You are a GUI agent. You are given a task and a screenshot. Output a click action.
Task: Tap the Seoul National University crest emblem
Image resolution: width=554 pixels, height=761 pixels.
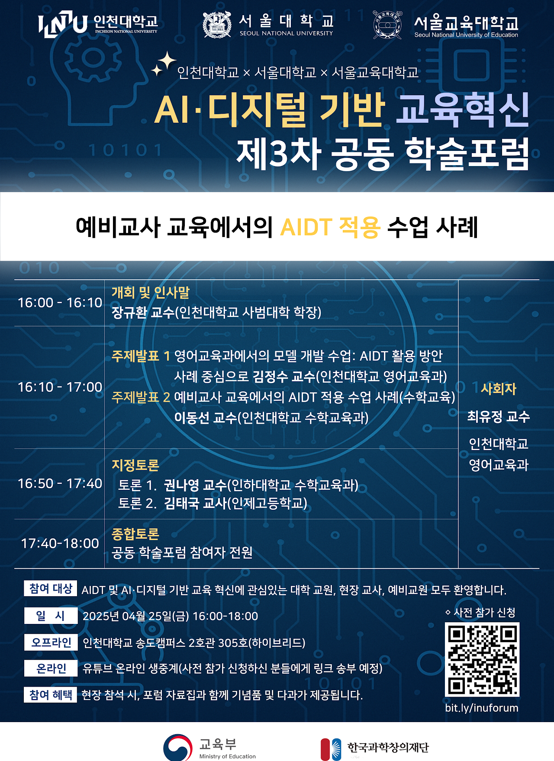click(217, 24)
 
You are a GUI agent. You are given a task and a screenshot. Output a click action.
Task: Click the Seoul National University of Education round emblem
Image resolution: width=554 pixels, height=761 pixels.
click(387, 25)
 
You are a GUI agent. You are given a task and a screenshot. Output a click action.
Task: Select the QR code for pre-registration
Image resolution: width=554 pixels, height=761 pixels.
click(482, 659)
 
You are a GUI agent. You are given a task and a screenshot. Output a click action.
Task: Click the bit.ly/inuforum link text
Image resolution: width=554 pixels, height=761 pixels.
click(482, 708)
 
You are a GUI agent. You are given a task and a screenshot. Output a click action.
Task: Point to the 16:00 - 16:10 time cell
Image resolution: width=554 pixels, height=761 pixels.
click(60, 303)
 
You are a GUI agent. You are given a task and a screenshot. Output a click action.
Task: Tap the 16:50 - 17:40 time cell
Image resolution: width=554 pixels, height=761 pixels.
click(60, 483)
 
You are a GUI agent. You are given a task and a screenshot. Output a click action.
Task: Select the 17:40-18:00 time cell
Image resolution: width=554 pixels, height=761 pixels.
click(60, 543)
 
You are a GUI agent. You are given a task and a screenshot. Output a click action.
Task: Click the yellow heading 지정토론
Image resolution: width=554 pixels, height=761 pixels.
click(135, 465)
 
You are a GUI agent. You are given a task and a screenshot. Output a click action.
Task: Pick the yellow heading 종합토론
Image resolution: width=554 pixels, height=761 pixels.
click(135, 534)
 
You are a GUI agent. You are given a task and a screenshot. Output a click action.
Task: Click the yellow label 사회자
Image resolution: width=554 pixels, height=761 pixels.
click(499, 389)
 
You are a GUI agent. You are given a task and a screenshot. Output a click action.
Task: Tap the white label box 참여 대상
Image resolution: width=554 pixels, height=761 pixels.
click(51, 588)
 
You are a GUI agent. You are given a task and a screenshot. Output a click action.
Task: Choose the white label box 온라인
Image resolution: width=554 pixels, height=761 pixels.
click(51, 668)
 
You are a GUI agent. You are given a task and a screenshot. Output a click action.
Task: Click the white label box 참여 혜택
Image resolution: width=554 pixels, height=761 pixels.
click(51, 695)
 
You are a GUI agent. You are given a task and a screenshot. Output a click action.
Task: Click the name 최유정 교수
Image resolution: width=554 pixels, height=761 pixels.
click(499, 417)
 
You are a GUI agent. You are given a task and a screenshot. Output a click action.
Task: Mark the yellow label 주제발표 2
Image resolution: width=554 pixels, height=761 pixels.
click(141, 397)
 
